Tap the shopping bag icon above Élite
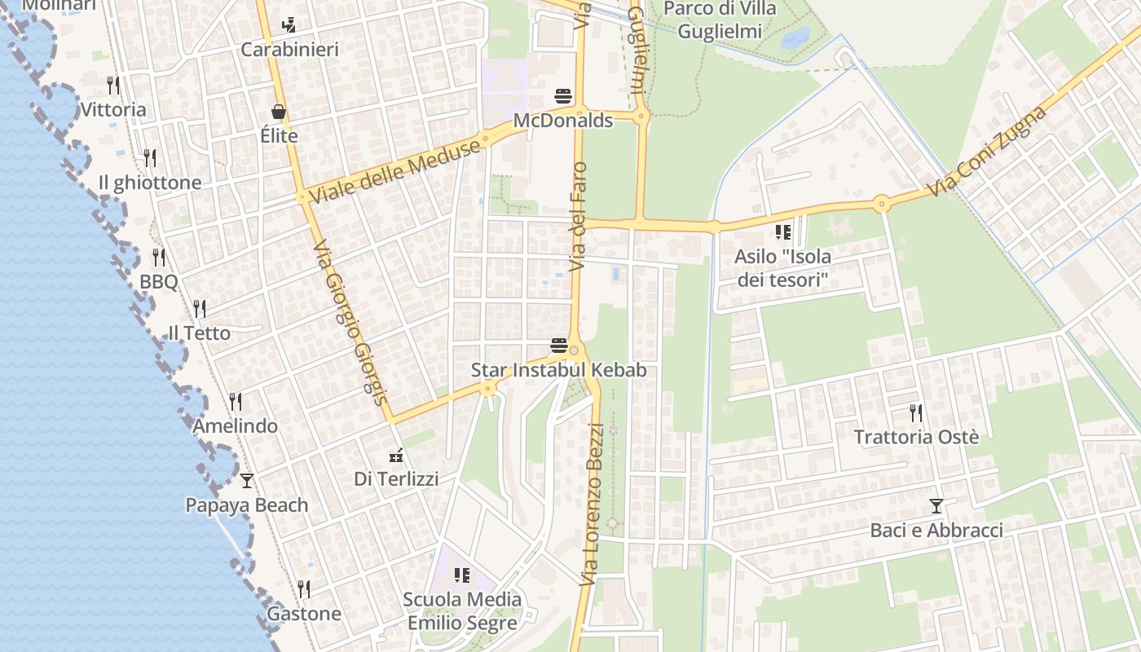click(x=279, y=112)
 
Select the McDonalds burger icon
click(x=562, y=96)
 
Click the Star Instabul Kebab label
click(x=559, y=370)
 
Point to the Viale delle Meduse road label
click(x=395, y=171)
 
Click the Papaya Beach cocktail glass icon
click(x=246, y=480)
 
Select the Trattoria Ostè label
click(x=916, y=437)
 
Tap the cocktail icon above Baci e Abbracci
click(x=936, y=506)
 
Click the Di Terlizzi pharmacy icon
click(x=396, y=455)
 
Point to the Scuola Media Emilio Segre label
click(x=462, y=611)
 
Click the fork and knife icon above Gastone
click(x=304, y=588)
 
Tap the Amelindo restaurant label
click(x=235, y=426)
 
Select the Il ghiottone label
click(x=150, y=183)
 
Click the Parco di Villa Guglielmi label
click(x=720, y=20)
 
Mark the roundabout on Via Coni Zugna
click(x=881, y=203)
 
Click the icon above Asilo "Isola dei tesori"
click(x=783, y=232)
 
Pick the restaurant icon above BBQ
click(x=159, y=258)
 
